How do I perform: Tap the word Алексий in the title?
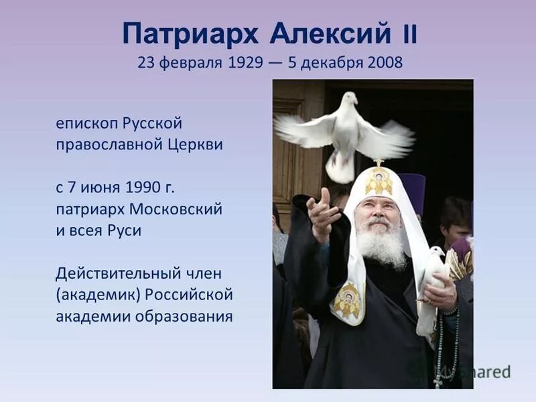tap(331, 33)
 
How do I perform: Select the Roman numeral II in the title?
tap(409, 34)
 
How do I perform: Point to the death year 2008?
tap(385, 63)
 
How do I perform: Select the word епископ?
tap(84, 125)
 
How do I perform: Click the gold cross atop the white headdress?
tap(379, 163)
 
